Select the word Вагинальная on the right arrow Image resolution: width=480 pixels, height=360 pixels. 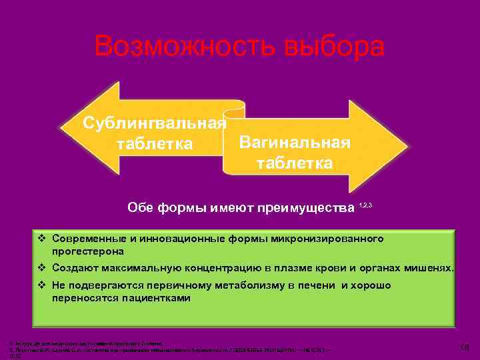pos(294,143)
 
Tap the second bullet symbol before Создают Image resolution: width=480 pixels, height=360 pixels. pos(42,269)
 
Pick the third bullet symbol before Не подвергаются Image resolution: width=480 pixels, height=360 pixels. pos(42,285)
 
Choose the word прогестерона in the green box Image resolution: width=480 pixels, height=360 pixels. pos(89,252)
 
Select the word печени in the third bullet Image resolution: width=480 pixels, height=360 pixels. pos(312,285)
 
